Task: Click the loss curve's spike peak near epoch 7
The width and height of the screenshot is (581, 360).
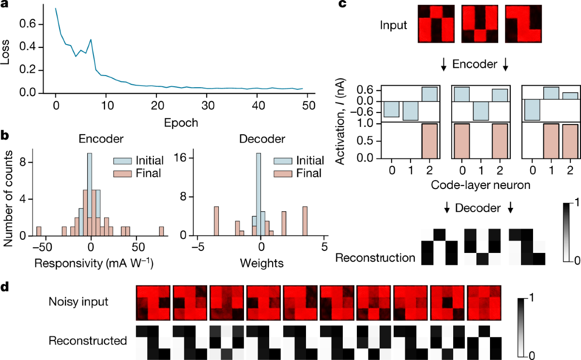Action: pos(91,40)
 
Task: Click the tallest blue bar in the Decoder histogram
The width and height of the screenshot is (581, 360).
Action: pos(259,194)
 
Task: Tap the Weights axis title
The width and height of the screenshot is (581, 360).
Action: pos(260,265)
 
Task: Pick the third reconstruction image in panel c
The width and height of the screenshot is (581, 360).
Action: pos(527,247)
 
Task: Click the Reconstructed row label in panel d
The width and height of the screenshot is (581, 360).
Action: pos(87,341)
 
